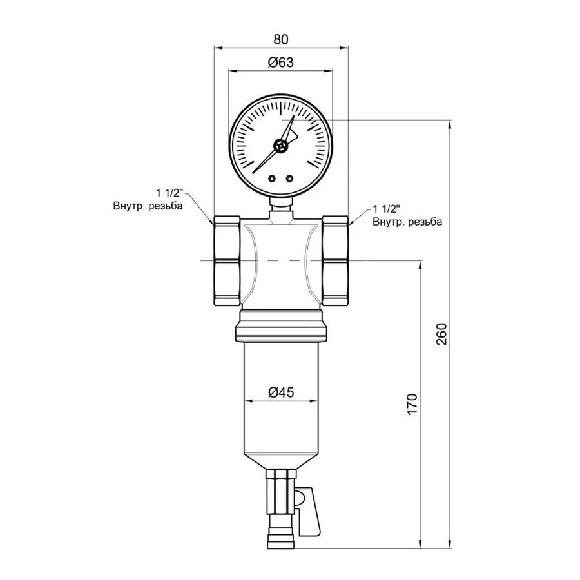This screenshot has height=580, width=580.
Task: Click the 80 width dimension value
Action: [280, 39]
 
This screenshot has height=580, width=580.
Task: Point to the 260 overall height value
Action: [441, 333]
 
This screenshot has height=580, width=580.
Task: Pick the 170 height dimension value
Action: [413, 403]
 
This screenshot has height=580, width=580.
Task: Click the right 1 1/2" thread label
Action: [388, 209]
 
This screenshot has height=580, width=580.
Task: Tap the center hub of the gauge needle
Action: [280, 146]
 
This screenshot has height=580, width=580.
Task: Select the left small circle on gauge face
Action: [273, 179]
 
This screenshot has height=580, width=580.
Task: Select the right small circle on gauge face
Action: [289, 179]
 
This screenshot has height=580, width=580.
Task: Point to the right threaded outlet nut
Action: [334, 260]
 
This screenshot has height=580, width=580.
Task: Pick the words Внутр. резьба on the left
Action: [148, 206]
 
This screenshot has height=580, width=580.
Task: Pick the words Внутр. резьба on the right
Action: [407, 222]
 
